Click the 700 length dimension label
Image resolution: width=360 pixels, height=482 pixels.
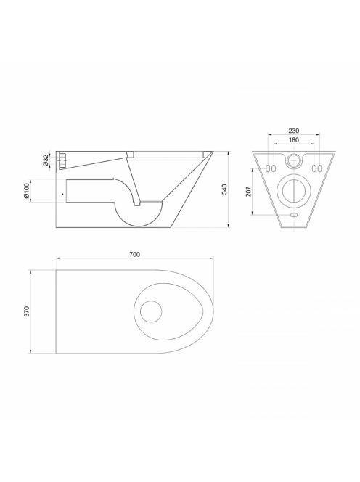click(134, 254)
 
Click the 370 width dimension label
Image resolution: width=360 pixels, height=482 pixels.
click(27, 311)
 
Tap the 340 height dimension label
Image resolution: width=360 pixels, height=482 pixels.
click(224, 189)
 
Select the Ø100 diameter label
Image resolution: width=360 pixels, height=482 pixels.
click(27, 191)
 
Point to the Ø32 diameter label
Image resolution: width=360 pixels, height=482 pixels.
click(45, 160)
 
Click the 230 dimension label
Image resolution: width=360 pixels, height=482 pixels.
click(294, 131)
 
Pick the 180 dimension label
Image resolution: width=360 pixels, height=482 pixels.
click(294, 140)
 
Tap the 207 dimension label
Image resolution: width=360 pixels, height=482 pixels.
click(249, 191)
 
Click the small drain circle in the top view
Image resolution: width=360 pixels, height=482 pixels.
click(151, 311)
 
